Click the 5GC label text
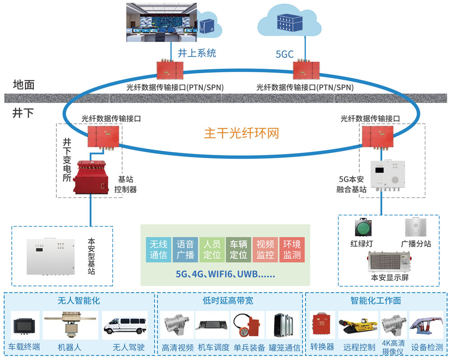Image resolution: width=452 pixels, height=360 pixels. [285, 55]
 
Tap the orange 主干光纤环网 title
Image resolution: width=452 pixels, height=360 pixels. [241, 134]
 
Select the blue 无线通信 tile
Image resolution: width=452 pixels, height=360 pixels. [158, 249]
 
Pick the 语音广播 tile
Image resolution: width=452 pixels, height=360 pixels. [185, 249]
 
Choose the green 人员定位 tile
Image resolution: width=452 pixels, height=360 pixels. [212, 249]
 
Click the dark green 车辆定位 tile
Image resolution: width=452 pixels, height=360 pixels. [238, 249]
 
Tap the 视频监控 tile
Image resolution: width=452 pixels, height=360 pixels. [265, 249]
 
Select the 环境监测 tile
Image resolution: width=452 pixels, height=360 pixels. [292, 249]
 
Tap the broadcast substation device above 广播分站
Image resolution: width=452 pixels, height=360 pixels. [415, 227]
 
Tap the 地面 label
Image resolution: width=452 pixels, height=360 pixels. [24, 84]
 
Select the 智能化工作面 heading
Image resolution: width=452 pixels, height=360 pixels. [376, 300]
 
